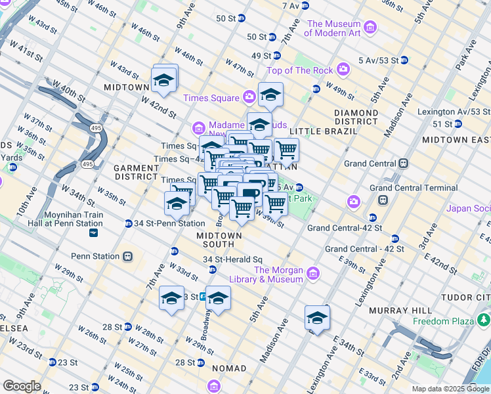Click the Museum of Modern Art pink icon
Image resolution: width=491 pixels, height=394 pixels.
coord(370,27)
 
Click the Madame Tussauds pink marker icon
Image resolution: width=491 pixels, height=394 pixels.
coord(199,127)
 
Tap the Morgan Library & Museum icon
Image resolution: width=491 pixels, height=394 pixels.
coord(312,273)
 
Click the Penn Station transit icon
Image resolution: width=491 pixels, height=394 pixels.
coord(127,255)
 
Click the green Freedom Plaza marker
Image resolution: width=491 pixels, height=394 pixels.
coord(484,320)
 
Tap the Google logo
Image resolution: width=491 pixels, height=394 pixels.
coord(22,386)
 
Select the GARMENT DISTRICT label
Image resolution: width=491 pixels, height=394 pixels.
coord(137,172)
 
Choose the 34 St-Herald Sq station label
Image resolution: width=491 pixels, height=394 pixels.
coord(232,260)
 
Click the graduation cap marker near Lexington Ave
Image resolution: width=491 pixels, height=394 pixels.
coord(317,318)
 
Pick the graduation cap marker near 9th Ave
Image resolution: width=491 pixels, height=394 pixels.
coord(164,80)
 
